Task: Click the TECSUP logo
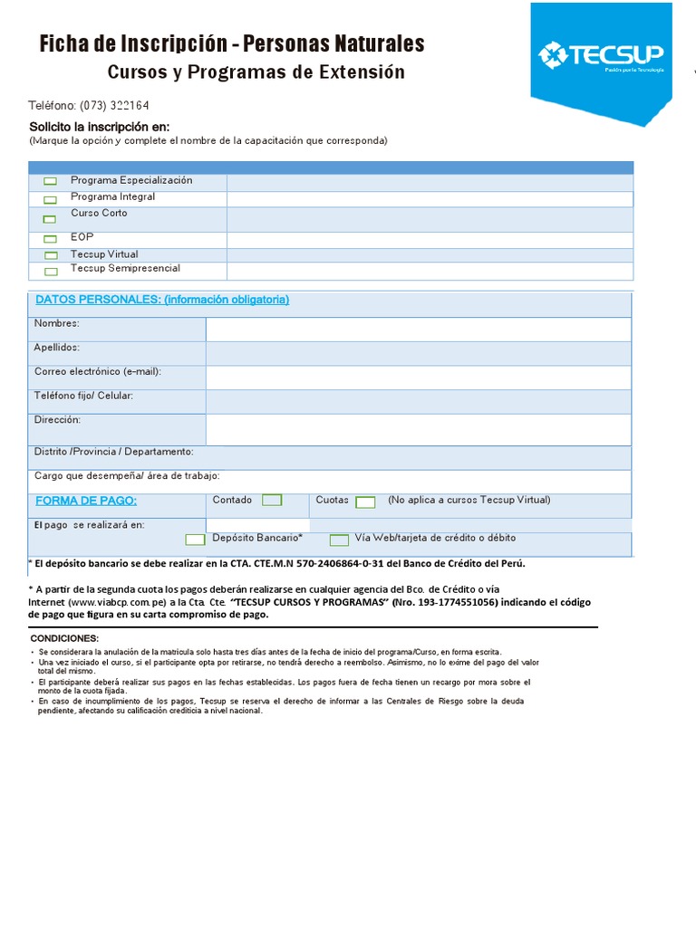[601, 55]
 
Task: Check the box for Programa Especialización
[51, 181]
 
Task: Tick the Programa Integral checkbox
[51, 198]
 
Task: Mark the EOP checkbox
[51, 239]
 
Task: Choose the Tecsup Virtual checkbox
[51, 255]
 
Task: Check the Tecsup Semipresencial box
[51, 271]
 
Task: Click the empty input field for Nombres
[418, 329]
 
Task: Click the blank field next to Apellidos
[418, 353]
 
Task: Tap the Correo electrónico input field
[418, 377]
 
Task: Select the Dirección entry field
[418, 429]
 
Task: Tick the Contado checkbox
[272, 500]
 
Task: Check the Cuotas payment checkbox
[365, 502]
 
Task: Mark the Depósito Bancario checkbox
[195, 540]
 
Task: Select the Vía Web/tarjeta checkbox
[339, 540]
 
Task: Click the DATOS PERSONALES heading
[162, 300]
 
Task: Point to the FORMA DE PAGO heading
[86, 501]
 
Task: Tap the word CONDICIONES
[64, 638]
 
